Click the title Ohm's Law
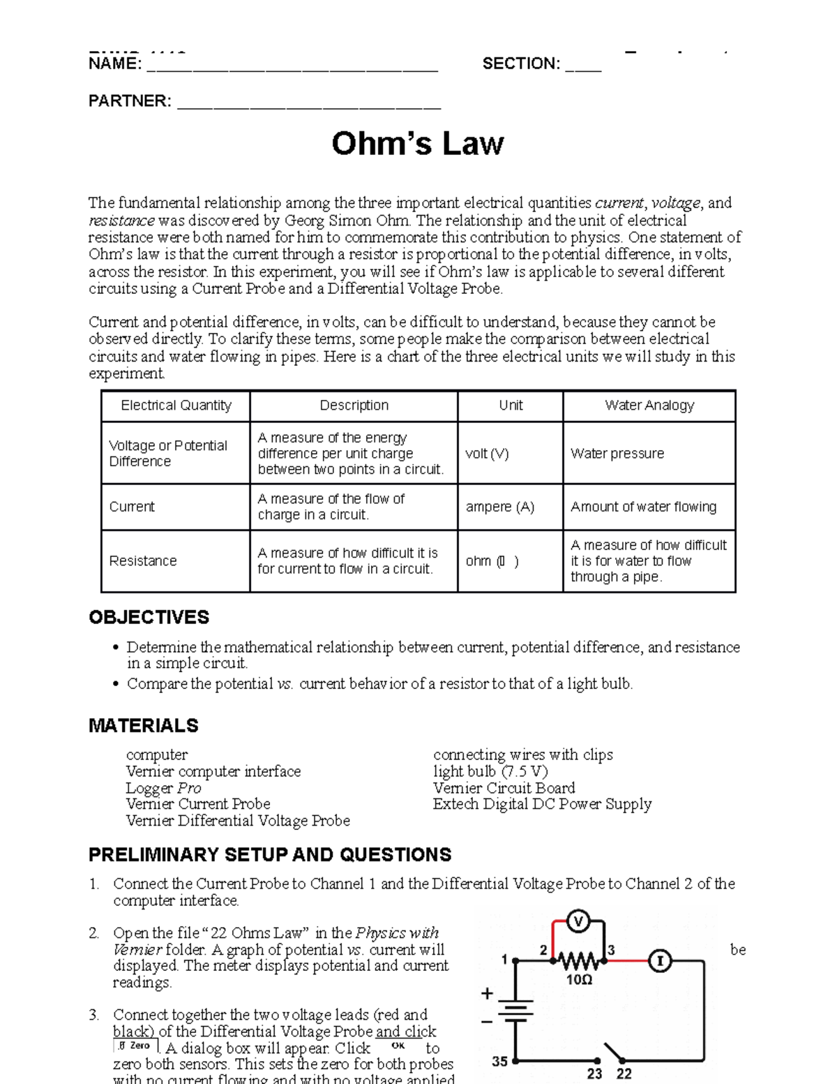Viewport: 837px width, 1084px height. tap(417, 144)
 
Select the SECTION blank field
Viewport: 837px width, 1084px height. tap(583, 67)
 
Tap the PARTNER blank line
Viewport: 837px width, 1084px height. tap(309, 104)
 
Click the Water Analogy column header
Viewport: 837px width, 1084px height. tap(649, 406)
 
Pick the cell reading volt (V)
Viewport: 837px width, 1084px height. tap(487, 454)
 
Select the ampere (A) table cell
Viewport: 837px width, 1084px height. tap(499, 507)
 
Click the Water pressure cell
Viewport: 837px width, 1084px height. tap(617, 454)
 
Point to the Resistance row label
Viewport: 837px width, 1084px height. tap(143, 561)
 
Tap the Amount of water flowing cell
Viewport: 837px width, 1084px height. tap(643, 507)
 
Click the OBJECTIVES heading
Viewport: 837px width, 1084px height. tap(149, 617)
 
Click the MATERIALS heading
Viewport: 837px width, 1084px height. tap(143, 726)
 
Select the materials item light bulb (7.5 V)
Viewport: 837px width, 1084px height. tap(490, 771)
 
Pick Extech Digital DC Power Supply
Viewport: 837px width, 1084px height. tap(542, 804)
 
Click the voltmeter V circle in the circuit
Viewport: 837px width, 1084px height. tap(578, 922)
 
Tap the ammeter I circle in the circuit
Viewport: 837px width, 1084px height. tap(660, 961)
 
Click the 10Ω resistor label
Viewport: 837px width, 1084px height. tap(579, 979)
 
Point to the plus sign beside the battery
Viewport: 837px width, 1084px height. tap(487, 993)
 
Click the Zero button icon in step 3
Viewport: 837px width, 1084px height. tap(135, 1046)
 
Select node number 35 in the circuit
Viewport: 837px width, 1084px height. tap(499, 1062)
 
